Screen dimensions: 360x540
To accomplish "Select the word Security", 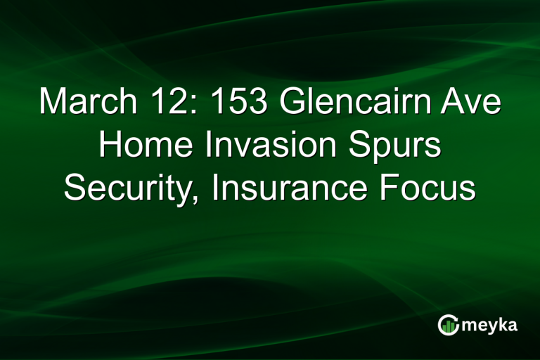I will (x=131, y=188).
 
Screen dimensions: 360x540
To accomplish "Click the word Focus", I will (x=435, y=188).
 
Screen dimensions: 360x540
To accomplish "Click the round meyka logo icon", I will (x=448, y=324).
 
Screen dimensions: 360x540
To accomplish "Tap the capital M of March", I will (x=52, y=103).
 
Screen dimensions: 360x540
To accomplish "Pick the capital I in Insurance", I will (x=219, y=188).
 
